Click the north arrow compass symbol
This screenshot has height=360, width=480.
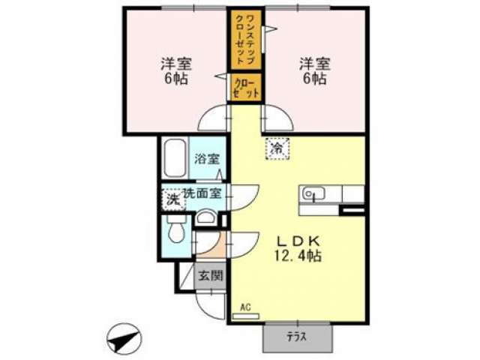[124, 339]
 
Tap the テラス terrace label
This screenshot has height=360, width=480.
[297, 337]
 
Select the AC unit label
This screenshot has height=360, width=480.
[245, 307]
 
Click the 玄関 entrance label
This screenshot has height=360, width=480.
[210, 276]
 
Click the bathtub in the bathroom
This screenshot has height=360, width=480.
[174, 158]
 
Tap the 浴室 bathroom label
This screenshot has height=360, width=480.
[207, 159]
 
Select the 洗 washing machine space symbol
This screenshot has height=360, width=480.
[173, 200]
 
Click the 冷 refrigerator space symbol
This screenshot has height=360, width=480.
[277, 148]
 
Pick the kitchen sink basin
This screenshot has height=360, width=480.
[313, 193]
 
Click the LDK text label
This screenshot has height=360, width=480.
[298, 241]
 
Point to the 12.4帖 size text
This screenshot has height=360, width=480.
[298, 256]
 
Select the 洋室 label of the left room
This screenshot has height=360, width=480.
[177, 64]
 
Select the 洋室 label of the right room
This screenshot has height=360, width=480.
[315, 64]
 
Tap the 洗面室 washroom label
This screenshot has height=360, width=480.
[202, 193]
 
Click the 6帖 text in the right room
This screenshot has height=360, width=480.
[315, 79]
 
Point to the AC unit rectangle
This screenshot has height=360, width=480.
[246, 316]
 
